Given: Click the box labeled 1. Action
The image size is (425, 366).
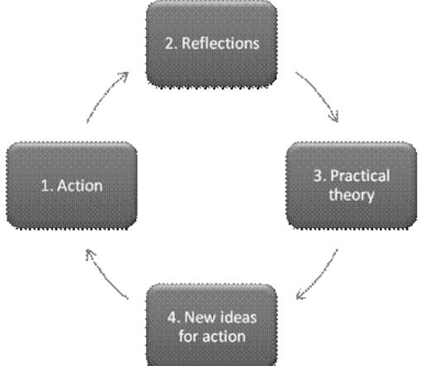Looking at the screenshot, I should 73,186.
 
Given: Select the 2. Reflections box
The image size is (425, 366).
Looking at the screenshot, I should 214,44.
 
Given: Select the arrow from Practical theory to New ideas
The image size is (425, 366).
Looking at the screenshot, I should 319,273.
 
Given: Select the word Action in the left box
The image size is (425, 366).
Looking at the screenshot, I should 79,186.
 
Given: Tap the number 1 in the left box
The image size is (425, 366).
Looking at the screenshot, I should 45,186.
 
